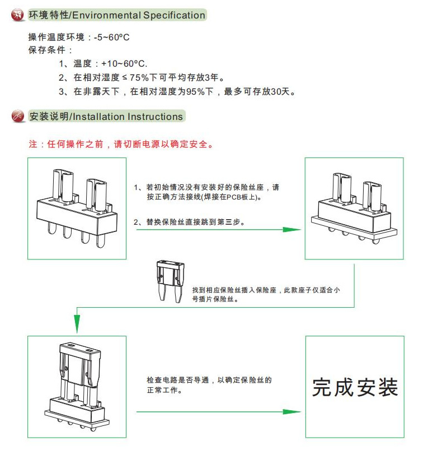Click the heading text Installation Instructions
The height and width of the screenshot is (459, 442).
tap(128, 117)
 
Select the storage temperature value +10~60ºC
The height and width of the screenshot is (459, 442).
tap(124, 64)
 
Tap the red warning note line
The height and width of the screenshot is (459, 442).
tap(121, 144)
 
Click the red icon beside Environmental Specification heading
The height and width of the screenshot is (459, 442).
tap(17, 15)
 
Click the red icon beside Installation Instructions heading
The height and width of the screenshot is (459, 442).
tap(17, 117)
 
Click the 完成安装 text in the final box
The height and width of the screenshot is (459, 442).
tap(355, 387)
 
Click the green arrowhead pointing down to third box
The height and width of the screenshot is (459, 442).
tap(77, 323)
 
